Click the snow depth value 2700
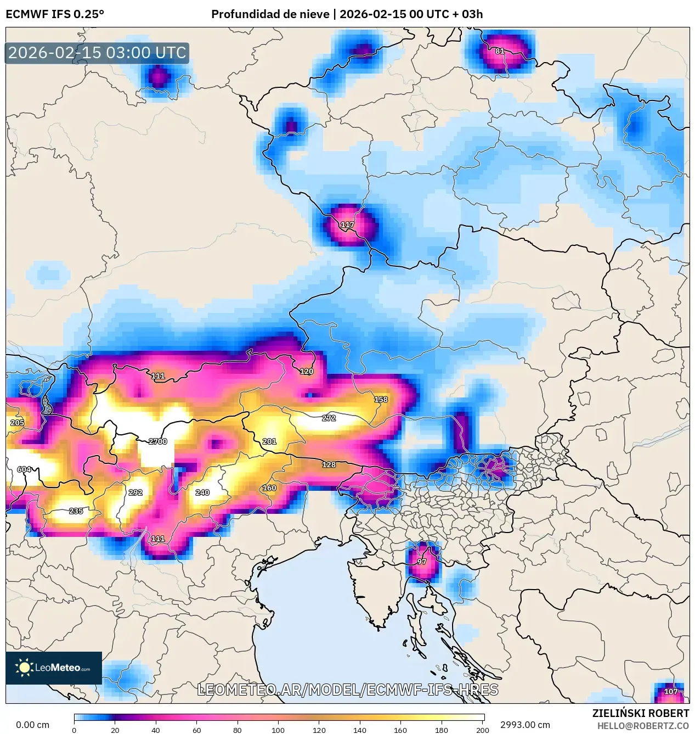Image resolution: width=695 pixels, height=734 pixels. [x=158, y=441]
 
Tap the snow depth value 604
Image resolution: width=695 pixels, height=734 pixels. [x=24, y=469]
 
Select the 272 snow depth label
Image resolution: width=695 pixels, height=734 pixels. [x=329, y=418]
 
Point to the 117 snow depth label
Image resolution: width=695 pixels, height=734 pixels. [x=347, y=225]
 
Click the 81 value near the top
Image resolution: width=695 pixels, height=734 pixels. [x=500, y=51]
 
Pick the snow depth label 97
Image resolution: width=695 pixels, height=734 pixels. [x=422, y=562]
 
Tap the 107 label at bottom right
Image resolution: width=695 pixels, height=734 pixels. [x=671, y=692]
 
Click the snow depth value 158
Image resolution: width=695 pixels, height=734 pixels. [x=381, y=400]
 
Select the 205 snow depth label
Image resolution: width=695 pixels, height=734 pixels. [x=17, y=423]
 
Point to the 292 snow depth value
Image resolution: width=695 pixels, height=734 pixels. [x=135, y=492]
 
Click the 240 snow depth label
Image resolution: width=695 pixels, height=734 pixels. [x=202, y=492]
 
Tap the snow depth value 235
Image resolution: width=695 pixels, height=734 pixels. [x=76, y=511]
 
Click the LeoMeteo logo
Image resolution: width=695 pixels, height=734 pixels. [x=54, y=668]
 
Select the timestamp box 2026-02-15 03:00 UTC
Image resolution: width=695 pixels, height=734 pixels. [x=97, y=53]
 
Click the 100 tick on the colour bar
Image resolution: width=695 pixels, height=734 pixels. [x=278, y=730]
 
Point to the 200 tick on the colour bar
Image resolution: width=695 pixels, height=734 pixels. [x=483, y=730]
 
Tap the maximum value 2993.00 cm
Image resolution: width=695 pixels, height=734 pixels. [x=524, y=725]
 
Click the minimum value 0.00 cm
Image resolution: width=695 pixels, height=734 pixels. [x=32, y=725]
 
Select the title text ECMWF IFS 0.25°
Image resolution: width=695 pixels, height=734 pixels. [x=55, y=14]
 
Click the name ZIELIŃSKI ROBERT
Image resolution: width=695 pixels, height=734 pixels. [x=640, y=713]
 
